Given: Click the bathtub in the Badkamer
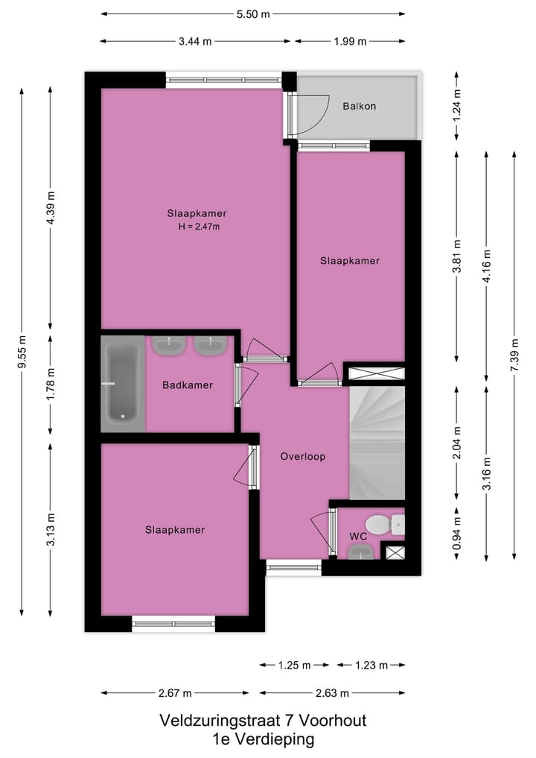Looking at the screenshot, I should (x=124, y=384).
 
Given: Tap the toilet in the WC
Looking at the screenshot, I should (x=380, y=524).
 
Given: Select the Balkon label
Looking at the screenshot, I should (x=359, y=107).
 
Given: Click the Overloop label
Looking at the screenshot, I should (x=303, y=456).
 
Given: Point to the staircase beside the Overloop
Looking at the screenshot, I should (x=377, y=443).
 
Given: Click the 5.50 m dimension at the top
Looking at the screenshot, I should (x=253, y=13).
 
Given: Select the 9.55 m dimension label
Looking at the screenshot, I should (x=22, y=351).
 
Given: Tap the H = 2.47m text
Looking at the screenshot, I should (x=197, y=227).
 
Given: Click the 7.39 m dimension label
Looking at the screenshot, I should (x=514, y=355).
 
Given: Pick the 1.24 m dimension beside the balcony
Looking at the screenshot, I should (x=456, y=105).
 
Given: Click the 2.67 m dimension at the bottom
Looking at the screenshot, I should (x=175, y=693).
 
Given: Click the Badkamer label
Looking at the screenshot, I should (x=188, y=385).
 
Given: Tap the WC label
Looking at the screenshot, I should (x=358, y=536).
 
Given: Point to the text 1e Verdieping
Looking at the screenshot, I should (x=263, y=739).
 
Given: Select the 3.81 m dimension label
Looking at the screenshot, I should (x=456, y=256).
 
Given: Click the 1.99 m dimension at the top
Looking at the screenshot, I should (x=350, y=41).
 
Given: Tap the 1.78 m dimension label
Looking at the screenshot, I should (x=51, y=385).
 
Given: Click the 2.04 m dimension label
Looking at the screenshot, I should (x=456, y=442).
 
